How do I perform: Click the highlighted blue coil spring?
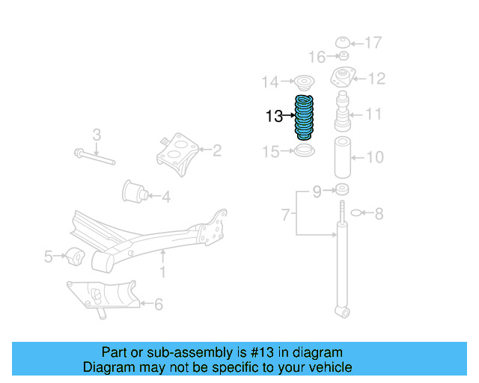pyautogui.click(x=305, y=118)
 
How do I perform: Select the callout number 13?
pyautogui.click(x=274, y=116)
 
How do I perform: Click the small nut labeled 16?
pyautogui.click(x=343, y=56)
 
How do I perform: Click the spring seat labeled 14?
pyautogui.click(x=305, y=82)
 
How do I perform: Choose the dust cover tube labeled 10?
pyautogui.click(x=344, y=158)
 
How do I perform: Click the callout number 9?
pyautogui.click(x=317, y=192)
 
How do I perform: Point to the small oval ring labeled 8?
pyautogui.click(x=356, y=214)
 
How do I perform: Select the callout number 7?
pyautogui.click(x=285, y=215)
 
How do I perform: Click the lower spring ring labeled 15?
pyautogui.click(x=304, y=152)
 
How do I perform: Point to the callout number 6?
pyautogui.click(x=158, y=304)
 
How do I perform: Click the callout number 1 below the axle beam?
pyautogui.click(x=162, y=273)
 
